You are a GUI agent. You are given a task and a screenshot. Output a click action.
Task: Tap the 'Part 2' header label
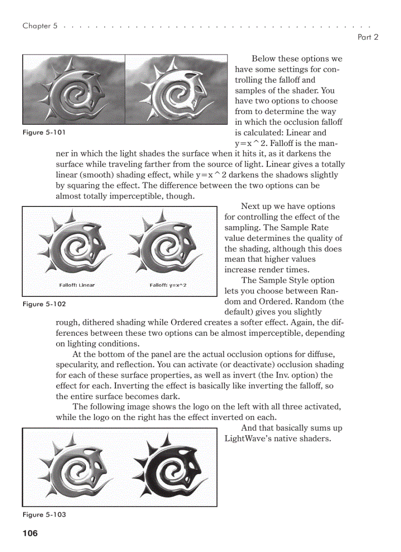[368, 37]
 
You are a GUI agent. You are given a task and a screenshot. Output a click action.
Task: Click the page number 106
[30, 533]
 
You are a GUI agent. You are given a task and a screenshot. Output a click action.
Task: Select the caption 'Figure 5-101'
[44, 132]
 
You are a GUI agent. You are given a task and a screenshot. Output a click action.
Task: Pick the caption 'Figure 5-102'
[44, 304]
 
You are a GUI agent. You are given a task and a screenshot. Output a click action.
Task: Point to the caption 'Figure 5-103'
[44, 514]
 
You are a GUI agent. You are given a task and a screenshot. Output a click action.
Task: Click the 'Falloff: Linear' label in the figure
[77, 285]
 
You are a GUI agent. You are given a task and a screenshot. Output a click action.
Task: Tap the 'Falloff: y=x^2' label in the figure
[168, 285]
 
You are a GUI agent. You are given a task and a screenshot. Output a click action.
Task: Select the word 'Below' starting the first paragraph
[263, 59]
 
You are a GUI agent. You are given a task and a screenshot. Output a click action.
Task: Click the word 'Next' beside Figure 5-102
[251, 206]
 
